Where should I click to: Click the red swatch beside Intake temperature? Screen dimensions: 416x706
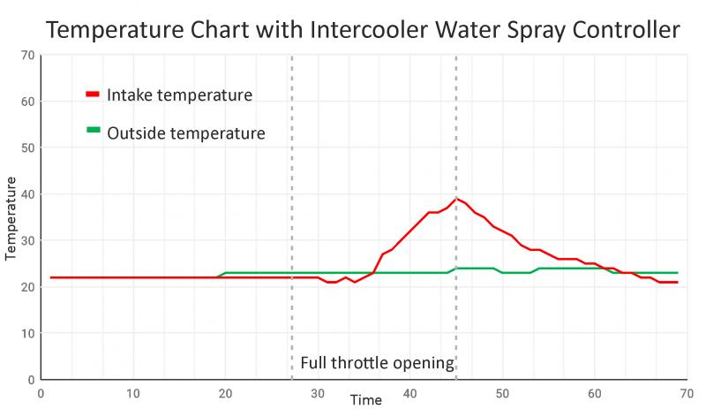point(93,94)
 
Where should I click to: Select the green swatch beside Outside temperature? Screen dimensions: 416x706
point(93,131)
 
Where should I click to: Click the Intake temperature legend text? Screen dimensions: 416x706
point(180,95)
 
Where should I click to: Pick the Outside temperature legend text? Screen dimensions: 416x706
point(186,133)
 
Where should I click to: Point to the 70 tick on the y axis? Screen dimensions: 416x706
point(26,55)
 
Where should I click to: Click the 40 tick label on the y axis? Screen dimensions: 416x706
point(26,194)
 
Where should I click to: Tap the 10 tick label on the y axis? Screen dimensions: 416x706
point(26,333)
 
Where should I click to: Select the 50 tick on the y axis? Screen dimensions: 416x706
point(26,147)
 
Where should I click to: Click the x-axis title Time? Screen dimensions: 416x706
point(365,400)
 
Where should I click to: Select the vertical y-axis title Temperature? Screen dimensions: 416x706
point(11,217)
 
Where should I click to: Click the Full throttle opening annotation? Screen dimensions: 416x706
point(377,363)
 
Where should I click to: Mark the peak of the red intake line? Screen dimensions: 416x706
point(456,199)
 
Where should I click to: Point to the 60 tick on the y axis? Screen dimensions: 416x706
point(26,102)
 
